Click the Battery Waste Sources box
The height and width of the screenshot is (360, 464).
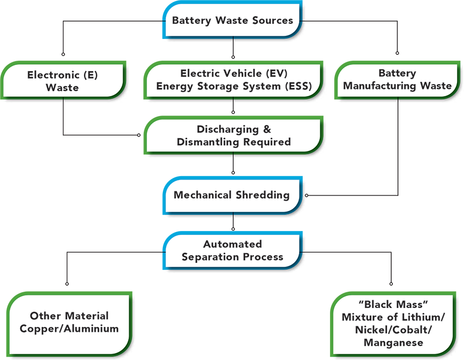tap(232, 21)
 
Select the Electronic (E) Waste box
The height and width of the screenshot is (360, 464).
tap(63, 81)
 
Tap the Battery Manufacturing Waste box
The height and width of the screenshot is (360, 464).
tap(397, 80)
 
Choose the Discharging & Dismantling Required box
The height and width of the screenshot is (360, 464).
tap(233, 136)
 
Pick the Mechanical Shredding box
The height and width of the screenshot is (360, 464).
tap(232, 195)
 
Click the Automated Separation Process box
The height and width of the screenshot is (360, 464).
tap(232, 250)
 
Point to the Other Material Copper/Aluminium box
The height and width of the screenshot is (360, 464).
tap(69, 323)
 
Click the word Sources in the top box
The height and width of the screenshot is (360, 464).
tap(272, 21)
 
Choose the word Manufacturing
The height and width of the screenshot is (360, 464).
tap(382, 86)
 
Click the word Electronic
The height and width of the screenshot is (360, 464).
tap(50, 75)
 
